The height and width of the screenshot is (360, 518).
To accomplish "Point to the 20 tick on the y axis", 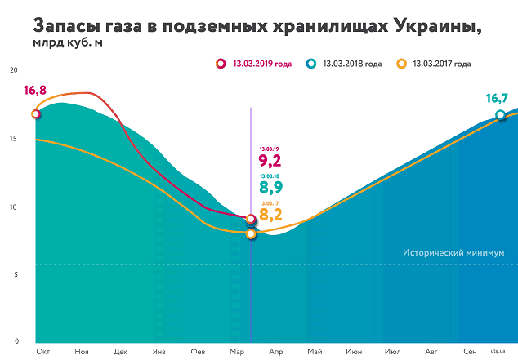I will [x=12, y=70].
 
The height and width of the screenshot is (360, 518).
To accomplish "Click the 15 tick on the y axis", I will [x=12, y=138].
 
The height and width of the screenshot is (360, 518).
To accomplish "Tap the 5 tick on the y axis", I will [x=14, y=273].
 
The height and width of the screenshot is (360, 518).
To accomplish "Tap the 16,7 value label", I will [x=498, y=98].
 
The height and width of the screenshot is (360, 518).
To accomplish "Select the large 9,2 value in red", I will [x=270, y=160].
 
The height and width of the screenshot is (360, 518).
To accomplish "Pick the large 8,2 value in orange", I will [x=270, y=216].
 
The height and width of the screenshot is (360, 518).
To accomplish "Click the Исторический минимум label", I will [x=454, y=253].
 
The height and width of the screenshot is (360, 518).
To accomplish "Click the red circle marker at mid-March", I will [x=250, y=220].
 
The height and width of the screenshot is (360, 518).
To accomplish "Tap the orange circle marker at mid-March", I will [x=251, y=234].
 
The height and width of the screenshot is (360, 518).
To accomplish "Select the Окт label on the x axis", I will [x=42, y=350].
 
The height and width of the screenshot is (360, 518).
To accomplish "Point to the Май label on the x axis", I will [x=315, y=350].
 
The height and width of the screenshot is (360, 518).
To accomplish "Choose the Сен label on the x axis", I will [x=470, y=350].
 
